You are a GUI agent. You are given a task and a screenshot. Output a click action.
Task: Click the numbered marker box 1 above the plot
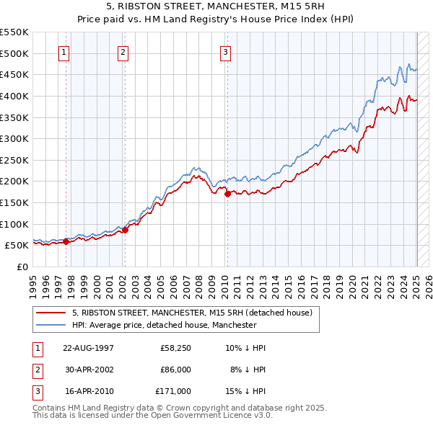pyautogui.click(x=64, y=52)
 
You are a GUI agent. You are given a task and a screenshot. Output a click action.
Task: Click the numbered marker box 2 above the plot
pyautogui.click(x=123, y=52)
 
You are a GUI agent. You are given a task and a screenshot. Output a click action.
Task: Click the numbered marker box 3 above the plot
pyautogui.click(x=225, y=52)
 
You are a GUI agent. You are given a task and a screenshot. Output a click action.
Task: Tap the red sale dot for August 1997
pyautogui.click(x=66, y=241)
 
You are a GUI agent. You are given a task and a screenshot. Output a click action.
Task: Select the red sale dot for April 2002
pyautogui.click(x=125, y=230)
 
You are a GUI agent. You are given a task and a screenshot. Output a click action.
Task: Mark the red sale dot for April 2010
pyautogui.click(x=227, y=194)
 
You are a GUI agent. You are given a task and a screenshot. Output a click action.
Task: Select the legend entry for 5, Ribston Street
pyautogui.click(x=191, y=313)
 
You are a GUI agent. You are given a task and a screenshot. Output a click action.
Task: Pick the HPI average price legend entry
pyautogui.click(x=164, y=325)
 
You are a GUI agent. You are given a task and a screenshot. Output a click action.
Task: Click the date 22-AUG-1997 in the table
pyautogui.click(x=88, y=348)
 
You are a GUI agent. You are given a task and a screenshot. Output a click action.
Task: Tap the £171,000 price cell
pyautogui.click(x=173, y=391)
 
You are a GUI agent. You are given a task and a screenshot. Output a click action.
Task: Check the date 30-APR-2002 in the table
pyautogui.click(x=88, y=370)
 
